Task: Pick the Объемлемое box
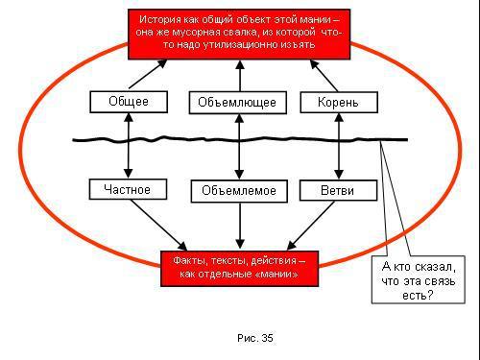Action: point(239,190)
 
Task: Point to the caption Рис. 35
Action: point(254,338)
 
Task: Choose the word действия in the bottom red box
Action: point(274,260)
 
